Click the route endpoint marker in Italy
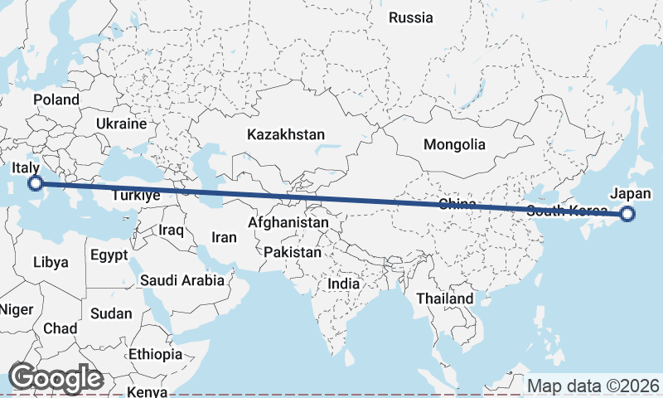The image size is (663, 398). (x=36, y=183)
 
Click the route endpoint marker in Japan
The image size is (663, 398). (x=627, y=214)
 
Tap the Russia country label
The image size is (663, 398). (x=410, y=17)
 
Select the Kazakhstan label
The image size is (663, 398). (x=286, y=133)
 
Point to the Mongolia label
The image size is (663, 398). (x=454, y=144)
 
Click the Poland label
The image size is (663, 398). (x=56, y=99)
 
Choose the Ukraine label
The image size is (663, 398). (x=121, y=124)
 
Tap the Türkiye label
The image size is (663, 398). (x=135, y=197)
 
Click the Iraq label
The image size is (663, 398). (x=172, y=229)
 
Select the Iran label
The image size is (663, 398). (x=224, y=237)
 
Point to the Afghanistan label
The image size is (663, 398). (x=288, y=223)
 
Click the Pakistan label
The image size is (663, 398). (x=292, y=252)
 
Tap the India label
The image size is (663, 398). (x=344, y=284)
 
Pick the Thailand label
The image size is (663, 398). (x=445, y=298)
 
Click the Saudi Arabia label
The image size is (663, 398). (x=181, y=280)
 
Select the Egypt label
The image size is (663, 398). (x=109, y=254)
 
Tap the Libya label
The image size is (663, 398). (x=51, y=262)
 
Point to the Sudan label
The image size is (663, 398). (x=111, y=313)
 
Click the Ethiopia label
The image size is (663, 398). (x=155, y=354)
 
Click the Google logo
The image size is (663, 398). (x=56, y=378)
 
